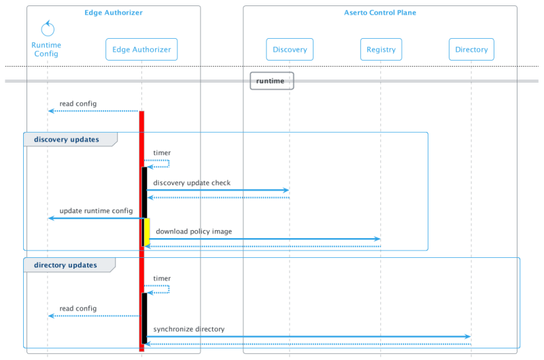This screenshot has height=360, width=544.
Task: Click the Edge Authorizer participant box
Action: click(141, 49)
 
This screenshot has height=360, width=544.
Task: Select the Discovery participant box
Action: click(289, 49)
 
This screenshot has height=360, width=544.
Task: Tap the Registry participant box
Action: click(381, 49)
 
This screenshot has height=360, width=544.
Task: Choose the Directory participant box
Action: click(471, 49)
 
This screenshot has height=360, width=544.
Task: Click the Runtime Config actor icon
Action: click(47, 29)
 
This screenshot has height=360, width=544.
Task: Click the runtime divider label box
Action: click(271, 80)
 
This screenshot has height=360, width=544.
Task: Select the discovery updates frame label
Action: click(67, 140)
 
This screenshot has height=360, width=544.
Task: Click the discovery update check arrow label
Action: click(192, 183)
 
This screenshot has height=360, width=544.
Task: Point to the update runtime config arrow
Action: click(95, 218)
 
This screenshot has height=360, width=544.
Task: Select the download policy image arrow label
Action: click(194, 231)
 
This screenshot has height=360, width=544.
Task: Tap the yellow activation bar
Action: click(147, 231)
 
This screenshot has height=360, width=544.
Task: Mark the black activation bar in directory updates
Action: click(144, 316)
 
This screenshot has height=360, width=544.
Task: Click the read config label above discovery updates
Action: click(79, 104)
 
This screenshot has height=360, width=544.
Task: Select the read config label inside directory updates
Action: click(79, 308)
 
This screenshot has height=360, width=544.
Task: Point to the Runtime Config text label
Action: click(47, 49)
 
